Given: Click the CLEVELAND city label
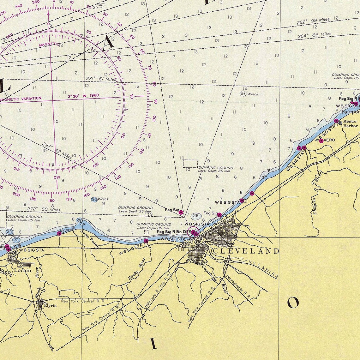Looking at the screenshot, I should (246, 251).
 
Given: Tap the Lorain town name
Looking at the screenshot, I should (22, 270).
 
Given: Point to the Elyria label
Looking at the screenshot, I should (50, 305).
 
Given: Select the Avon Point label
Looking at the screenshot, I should (90, 238).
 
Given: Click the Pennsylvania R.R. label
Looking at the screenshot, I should (238, 287).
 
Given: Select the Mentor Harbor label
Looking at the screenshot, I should (350, 123).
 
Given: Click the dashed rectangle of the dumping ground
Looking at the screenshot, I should (190, 164).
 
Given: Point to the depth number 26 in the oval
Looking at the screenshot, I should (196, 216).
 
